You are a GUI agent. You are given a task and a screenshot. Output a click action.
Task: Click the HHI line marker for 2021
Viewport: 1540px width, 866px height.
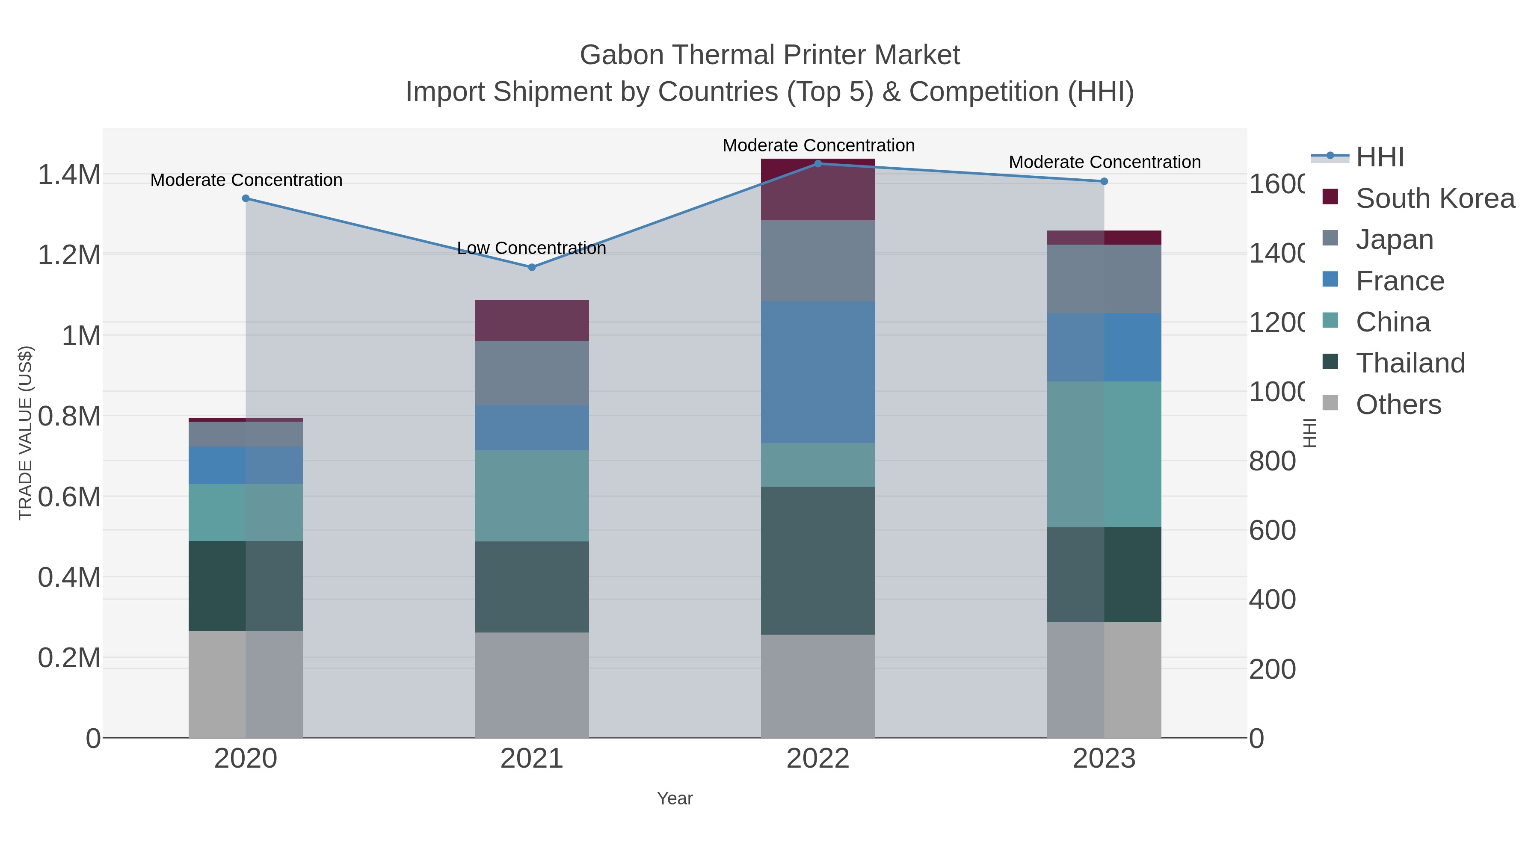[x=531, y=267]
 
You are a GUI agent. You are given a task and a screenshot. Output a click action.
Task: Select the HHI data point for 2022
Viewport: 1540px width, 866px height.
[x=818, y=164]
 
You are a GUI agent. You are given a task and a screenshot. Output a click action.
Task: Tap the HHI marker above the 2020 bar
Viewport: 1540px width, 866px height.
[x=246, y=198]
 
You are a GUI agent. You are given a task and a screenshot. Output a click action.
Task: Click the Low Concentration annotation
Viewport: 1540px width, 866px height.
[x=531, y=248]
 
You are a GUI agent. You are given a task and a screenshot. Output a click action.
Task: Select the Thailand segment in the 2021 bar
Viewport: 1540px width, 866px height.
[x=531, y=587]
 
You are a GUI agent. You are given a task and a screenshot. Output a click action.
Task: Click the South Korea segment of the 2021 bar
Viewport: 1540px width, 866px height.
[x=531, y=320]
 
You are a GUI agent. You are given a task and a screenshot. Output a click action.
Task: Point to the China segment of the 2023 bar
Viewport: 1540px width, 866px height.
[x=1104, y=454]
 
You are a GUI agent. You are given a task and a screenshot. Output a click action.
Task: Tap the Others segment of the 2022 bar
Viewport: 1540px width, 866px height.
[x=818, y=686]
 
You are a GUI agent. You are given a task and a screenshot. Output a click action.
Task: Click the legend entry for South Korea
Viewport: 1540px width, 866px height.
[x=1435, y=198]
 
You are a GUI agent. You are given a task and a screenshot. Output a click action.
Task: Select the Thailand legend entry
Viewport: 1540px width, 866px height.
[x=1410, y=363]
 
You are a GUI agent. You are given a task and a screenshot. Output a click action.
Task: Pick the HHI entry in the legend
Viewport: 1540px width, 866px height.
[x=1379, y=157]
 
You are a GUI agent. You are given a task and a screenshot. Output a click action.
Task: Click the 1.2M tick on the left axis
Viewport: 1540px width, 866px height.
[x=69, y=255]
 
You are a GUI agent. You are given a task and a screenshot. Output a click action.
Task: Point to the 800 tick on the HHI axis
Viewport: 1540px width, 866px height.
[x=1272, y=461]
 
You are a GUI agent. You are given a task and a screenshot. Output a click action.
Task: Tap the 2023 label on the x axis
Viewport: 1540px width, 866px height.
[x=1104, y=759]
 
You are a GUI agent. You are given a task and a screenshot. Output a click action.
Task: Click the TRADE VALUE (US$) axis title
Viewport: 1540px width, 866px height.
[x=25, y=433]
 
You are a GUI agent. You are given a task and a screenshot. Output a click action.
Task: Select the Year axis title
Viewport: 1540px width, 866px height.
[x=674, y=798]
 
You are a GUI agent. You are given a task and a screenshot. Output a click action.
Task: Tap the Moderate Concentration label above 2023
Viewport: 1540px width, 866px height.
[x=1104, y=162]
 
